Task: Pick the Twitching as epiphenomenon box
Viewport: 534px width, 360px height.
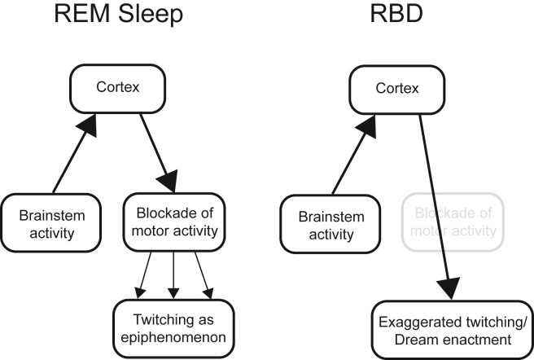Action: tap(173, 323)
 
